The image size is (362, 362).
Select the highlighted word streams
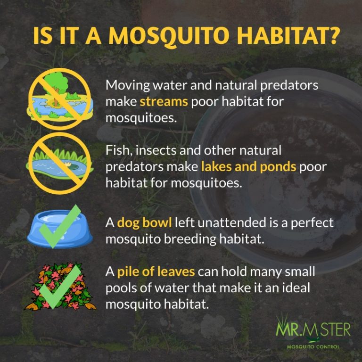click(164, 101)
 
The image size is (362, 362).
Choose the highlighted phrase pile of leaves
click(155, 272)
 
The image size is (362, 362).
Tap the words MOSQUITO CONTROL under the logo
click(314, 347)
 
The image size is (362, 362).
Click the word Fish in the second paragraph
click(116, 151)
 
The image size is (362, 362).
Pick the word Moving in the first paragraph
click(124, 86)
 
